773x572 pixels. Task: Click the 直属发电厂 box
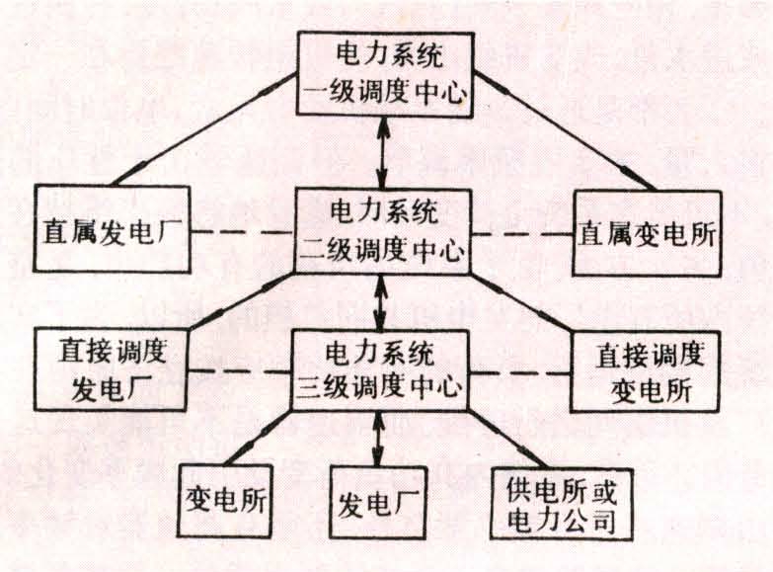(111, 229)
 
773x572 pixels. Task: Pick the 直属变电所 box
(647, 232)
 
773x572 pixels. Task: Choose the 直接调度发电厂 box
(111, 368)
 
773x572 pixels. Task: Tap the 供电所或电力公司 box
(561, 504)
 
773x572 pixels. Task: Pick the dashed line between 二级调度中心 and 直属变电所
(522, 235)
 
